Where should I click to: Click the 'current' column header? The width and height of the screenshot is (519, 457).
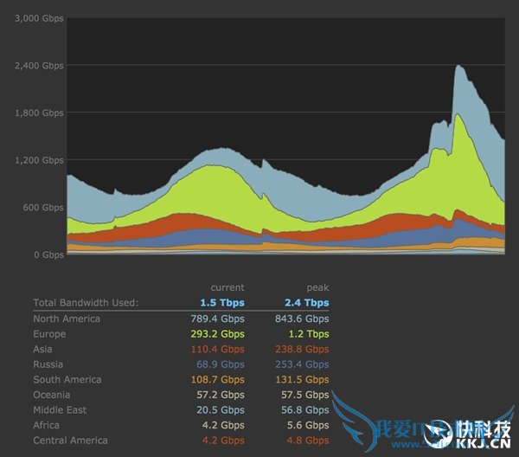[227, 287]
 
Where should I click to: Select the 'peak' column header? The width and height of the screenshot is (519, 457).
[317, 287]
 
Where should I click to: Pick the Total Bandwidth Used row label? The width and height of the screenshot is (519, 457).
[86, 303]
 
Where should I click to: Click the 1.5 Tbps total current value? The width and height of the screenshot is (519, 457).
[222, 303]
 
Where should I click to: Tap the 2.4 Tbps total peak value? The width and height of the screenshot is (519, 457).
[307, 303]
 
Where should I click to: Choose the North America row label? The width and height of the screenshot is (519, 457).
[67, 319]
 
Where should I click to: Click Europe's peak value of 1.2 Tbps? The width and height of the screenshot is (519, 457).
[310, 334]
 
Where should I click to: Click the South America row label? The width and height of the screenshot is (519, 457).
[67, 380]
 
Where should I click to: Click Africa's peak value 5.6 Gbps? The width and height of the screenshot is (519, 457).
[310, 425]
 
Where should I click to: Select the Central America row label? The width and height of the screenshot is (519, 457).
[71, 441]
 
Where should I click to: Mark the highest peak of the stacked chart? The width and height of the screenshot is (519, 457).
[458, 66]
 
